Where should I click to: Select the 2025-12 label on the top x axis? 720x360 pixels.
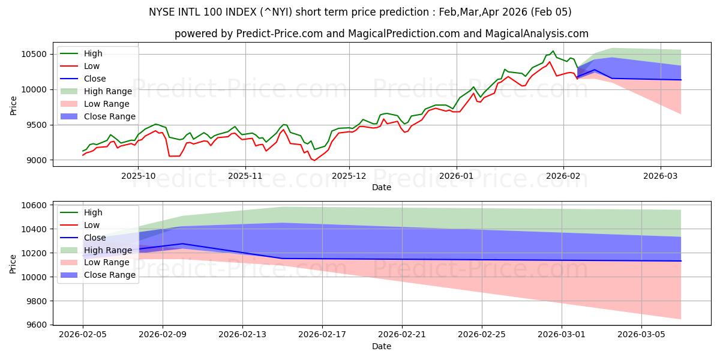coord(349,176)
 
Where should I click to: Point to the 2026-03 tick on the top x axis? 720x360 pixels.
coord(660,176)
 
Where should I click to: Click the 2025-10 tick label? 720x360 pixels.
coord(138,176)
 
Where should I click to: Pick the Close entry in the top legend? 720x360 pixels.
coord(95,79)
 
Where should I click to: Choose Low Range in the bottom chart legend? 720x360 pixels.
coord(106,262)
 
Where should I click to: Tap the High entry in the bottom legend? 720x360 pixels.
coord(93,212)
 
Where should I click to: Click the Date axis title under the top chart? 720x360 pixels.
coord(381,187)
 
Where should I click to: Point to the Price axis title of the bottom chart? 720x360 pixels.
coord(13,264)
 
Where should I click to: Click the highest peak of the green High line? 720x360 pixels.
coord(553,51)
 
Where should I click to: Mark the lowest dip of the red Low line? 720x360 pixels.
coord(314,160)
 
